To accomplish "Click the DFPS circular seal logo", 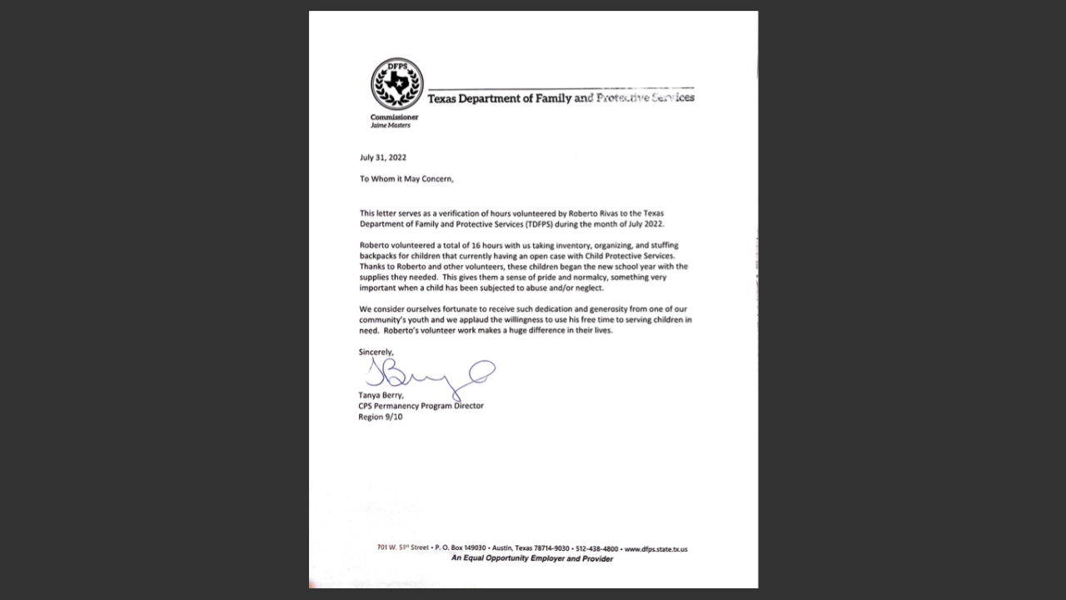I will pos(396,84).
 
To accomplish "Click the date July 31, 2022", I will pos(383,157).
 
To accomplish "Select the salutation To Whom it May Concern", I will pos(406,179).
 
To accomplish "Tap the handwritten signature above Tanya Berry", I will pos(430,376).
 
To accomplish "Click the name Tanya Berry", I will pos(381,395).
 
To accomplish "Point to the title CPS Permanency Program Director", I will pos(421,406).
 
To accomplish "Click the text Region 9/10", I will pos(381,417).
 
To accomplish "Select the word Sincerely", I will pos(376,352).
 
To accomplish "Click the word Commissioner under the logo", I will pos(395,117).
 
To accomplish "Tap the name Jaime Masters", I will pos(391,126).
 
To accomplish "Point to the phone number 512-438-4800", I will pos(597,549).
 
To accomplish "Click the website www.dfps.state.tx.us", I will pos(656,549).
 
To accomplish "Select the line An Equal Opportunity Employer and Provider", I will pos(532,559).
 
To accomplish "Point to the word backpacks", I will pos(379,257).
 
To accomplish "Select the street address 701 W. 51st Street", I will pos(403,547).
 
